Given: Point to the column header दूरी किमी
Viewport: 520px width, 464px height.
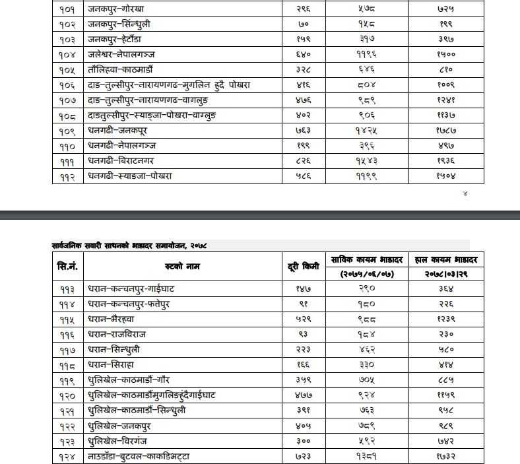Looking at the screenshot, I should point(304,266).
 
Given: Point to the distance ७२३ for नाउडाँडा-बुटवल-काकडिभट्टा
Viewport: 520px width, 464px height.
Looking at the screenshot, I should point(304,456).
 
